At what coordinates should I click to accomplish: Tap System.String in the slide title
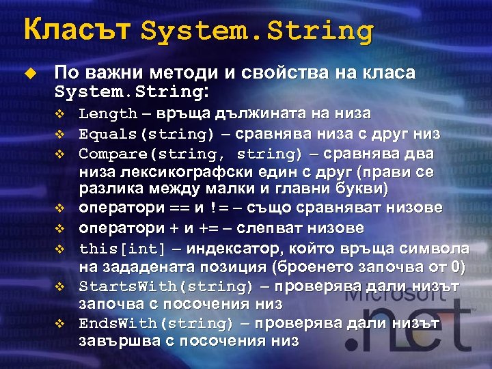258,31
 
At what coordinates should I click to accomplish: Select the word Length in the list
108,113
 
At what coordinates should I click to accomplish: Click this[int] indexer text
122,247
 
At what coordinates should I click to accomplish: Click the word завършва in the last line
118,340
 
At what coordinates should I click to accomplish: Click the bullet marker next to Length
59,113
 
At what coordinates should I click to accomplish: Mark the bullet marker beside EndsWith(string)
59,322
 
